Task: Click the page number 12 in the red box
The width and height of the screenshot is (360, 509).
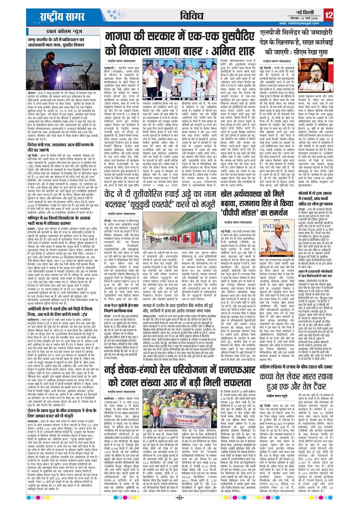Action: [328, 15]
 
